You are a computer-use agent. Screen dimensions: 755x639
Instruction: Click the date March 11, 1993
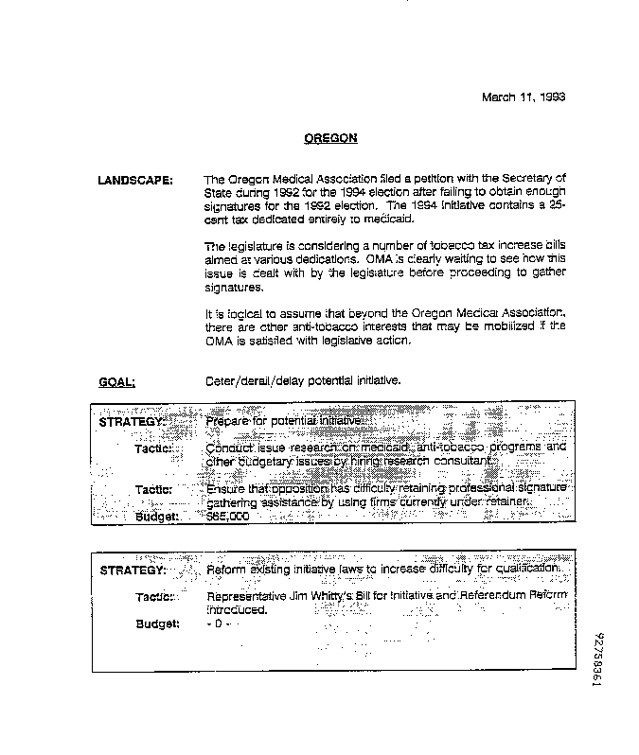coord(524,97)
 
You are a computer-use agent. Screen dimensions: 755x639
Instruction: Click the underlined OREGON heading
coord(330,138)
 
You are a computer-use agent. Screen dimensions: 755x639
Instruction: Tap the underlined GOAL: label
coord(116,382)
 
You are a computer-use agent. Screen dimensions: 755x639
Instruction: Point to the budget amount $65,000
coord(227,518)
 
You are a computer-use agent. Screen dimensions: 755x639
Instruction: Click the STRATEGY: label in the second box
coord(133,571)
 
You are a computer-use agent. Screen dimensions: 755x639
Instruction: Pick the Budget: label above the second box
coord(157,518)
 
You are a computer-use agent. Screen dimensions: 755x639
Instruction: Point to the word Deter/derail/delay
coord(247,381)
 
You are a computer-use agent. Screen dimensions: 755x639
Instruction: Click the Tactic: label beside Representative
coord(153,597)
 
